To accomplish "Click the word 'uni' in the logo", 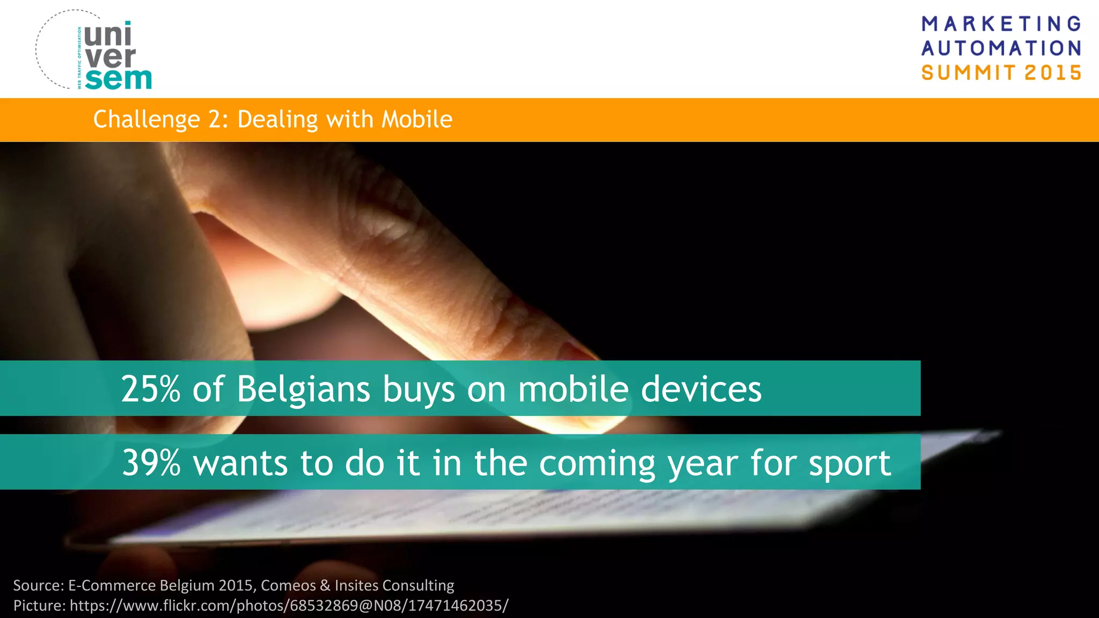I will pos(107,35).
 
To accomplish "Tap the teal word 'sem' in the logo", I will pos(118,79).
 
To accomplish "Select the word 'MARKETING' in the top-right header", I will pos(1001,24).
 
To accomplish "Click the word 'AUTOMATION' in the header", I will pos(1001,48).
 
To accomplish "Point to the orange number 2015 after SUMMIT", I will pos(1053,72).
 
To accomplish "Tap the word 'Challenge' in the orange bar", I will pos(146,120).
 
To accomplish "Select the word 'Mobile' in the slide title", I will pos(417,119).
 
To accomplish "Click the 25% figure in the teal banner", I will pos(151,389).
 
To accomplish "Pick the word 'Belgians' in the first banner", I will pos(303,390).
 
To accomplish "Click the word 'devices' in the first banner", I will pos(701,389).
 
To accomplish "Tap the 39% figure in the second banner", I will pos(151,463).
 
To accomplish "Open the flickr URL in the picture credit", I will pos(289,606).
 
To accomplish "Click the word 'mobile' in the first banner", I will pos(573,389).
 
